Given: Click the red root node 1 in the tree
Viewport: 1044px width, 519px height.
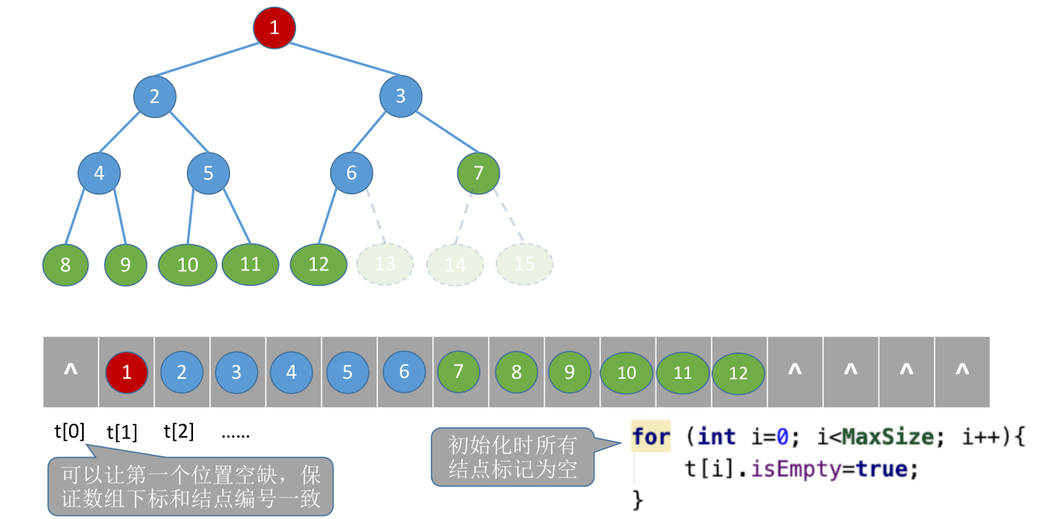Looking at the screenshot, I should (x=274, y=29).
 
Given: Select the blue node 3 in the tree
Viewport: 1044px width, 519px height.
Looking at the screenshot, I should (x=401, y=97).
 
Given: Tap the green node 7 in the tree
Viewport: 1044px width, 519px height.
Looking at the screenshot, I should (x=478, y=173).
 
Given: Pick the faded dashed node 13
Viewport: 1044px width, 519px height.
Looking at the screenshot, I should (x=385, y=264).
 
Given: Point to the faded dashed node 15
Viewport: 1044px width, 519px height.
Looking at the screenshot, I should (x=525, y=264).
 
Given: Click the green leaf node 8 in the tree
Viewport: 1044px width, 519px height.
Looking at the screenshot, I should (x=65, y=265).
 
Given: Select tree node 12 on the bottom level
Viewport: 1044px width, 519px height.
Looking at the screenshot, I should (x=319, y=264).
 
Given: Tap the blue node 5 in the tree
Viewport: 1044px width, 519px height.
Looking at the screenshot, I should (x=208, y=173).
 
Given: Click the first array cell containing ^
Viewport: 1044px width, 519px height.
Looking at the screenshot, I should (x=71, y=372).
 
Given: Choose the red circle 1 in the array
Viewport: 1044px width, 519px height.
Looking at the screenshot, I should (x=127, y=372).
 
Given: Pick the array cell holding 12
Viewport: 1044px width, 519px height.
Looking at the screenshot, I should (x=739, y=373).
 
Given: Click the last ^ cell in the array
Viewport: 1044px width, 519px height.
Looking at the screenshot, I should (x=962, y=372).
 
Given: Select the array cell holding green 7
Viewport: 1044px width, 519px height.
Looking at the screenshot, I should (x=459, y=372).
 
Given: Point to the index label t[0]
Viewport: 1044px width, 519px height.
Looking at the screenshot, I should (x=69, y=431).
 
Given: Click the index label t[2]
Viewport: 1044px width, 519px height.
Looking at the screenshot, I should (x=178, y=431).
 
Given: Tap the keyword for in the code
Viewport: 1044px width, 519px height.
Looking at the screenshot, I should (x=651, y=437).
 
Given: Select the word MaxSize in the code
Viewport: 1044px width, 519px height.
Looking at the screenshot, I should (x=888, y=437).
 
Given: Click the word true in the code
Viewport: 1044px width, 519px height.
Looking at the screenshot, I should (x=881, y=469).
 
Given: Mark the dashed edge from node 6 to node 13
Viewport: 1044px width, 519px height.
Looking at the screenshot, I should (x=374, y=214).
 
